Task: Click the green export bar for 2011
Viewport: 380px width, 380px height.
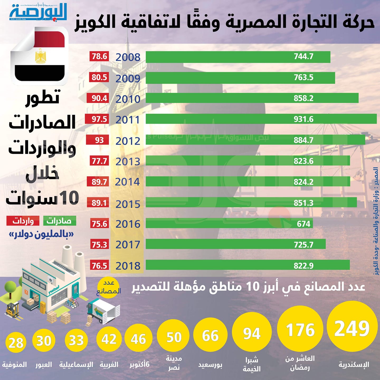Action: [x=261, y=119]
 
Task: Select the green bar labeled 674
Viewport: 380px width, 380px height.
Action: [x=229, y=224]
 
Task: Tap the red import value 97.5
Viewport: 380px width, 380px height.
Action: [x=97, y=119]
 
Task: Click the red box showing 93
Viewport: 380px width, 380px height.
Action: [x=97, y=140]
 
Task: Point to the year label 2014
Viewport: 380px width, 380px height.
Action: [x=127, y=182]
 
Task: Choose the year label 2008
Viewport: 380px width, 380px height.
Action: [x=128, y=57]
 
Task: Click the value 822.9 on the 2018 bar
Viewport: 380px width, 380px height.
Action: [x=303, y=265]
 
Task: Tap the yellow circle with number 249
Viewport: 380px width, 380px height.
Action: [x=352, y=328]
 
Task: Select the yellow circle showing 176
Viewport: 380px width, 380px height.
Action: [x=300, y=330]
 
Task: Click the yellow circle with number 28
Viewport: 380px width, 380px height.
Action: [x=16, y=343]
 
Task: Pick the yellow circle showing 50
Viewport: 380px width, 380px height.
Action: [x=173, y=337]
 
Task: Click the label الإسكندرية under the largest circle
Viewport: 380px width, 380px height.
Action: [x=354, y=365]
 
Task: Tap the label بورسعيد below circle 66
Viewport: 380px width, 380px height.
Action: [x=210, y=365]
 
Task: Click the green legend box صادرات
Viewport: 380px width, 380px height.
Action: [x=60, y=221]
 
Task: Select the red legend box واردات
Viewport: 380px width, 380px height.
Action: [x=23, y=221]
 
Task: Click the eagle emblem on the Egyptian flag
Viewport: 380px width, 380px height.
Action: [x=40, y=56]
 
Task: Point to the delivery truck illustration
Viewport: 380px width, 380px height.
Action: [x=104, y=311]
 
